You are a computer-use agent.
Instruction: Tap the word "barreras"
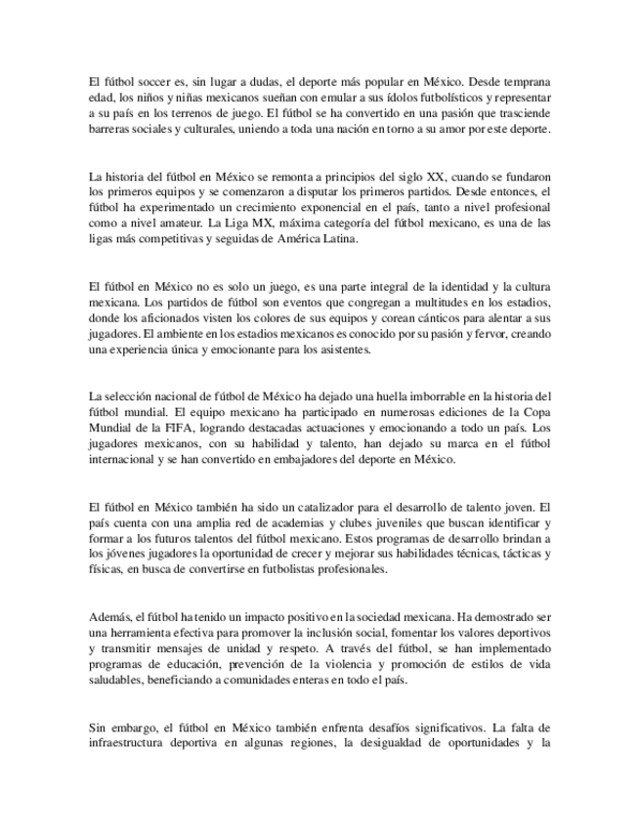(108, 129)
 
